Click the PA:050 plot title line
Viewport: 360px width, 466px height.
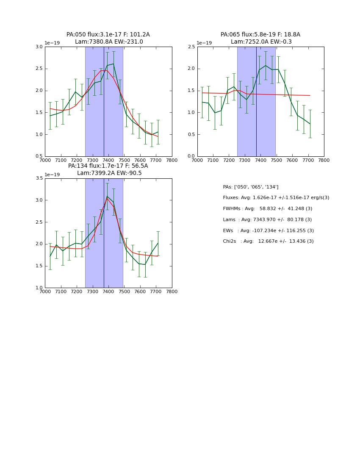[108, 35]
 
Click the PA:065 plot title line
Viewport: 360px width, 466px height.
[260, 35]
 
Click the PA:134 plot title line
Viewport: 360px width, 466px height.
[108, 166]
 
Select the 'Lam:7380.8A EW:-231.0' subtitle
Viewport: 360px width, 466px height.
[109, 42]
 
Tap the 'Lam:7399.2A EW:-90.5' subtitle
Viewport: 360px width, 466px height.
[109, 173]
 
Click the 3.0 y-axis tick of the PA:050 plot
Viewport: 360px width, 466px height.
[39, 47]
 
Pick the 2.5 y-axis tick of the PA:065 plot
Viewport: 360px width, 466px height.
[191, 47]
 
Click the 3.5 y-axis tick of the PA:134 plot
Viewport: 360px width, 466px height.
[39, 178]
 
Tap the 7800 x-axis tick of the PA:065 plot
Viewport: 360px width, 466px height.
[324, 160]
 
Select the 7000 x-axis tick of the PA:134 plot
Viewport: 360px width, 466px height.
[45, 291]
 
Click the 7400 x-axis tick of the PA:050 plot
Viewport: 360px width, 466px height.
[108, 160]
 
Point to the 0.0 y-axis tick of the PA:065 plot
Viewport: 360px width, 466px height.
[191, 156]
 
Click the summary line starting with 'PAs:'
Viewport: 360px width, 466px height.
[251, 187]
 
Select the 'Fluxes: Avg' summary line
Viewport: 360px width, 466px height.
[276, 198]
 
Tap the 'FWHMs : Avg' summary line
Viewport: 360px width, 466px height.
[267, 209]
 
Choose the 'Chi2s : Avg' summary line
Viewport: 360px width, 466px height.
[268, 241]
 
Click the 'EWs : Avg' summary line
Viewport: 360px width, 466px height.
[268, 231]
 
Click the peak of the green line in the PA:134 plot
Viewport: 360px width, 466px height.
[107, 196]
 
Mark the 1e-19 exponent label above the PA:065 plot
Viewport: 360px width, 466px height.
[204, 43]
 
